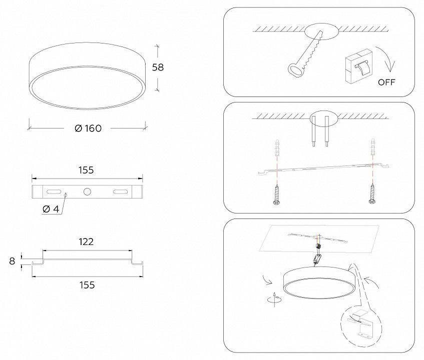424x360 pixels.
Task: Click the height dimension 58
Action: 158,67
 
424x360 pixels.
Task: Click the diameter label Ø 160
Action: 88,128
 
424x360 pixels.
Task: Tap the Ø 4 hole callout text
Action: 51,209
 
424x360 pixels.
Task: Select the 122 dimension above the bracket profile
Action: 86,241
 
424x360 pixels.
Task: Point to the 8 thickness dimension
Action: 12,261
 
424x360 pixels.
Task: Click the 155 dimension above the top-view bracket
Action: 86,170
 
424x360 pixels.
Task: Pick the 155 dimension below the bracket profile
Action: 87,285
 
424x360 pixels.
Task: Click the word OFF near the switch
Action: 386,82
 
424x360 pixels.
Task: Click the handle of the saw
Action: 295,69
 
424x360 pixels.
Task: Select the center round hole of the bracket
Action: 87,191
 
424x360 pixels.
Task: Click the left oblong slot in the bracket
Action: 54,191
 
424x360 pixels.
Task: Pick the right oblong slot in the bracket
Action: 120,191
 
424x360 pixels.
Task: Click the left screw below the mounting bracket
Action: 277,194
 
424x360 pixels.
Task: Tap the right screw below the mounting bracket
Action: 372,193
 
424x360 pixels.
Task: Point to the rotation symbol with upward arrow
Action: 274,299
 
